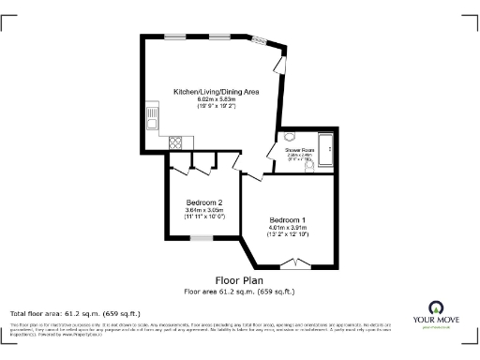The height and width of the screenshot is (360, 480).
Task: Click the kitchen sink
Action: click(x=151, y=119)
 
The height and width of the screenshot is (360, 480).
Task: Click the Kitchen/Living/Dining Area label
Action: click(x=216, y=92)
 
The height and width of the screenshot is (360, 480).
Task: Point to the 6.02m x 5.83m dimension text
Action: click(x=216, y=99)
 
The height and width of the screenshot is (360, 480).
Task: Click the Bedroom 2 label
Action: click(x=204, y=202)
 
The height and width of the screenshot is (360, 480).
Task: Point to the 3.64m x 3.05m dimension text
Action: click(x=204, y=210)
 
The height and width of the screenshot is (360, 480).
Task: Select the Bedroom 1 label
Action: click(x=287, y=218)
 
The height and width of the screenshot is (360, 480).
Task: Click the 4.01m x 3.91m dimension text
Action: click(x=287, y=226)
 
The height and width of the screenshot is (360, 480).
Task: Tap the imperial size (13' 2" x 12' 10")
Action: click(x=287, y=233)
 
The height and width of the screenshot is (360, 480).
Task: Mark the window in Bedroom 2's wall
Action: click(x=202, y=238)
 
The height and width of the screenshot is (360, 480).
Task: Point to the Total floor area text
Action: click(x=74, y=312)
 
